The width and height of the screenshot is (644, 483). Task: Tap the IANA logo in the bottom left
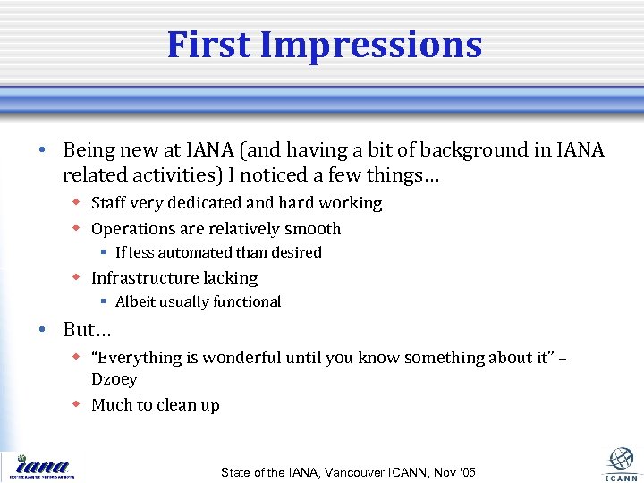pyautogui.click(x=41, y=466)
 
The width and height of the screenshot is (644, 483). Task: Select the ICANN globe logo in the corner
pyautogui.click(x=621, y=462)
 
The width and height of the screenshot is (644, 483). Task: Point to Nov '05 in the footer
pyautogui.click(x=454, y=472)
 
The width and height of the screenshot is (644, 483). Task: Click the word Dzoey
pyautogui.click(x=114, y=379)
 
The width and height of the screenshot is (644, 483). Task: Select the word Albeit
pyautogui.click(x=136, y=302)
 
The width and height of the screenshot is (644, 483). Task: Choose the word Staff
pyautogui.click(x=109, y=203)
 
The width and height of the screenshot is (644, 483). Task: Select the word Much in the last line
pyautogui.click(x=111, y=405)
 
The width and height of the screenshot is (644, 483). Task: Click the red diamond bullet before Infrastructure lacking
pyautogui.click(x=77, y=278)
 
